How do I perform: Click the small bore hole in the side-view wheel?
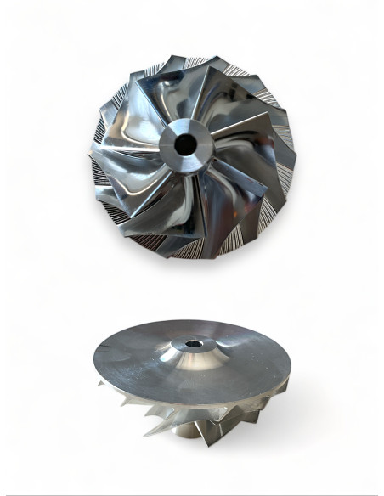[x=188, y=345]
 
